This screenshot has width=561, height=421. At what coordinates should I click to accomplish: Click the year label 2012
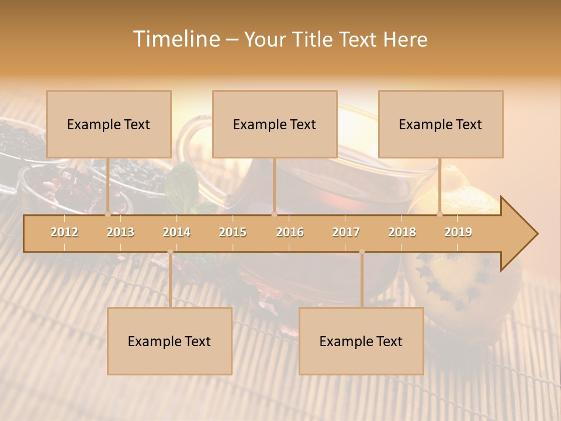64,232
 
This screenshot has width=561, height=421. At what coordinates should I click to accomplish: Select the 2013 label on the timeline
120,232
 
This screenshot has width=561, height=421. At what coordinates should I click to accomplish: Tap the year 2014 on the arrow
176,232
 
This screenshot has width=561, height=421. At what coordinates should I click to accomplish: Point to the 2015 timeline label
233,232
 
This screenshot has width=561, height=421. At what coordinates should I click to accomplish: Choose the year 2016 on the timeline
290,232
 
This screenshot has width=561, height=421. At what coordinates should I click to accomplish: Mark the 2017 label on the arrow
346,232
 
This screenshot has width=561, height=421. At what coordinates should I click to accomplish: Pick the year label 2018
402,232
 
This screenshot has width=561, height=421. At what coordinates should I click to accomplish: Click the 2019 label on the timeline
458,232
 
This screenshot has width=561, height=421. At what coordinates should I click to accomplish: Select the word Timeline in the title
176,39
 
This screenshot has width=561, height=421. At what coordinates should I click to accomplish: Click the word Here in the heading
405,40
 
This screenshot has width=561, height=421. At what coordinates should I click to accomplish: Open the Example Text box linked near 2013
109,125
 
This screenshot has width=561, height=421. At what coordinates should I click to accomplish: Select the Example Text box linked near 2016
275,125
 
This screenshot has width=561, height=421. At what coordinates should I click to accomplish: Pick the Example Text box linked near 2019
441,125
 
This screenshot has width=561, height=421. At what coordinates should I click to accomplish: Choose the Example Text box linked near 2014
169,341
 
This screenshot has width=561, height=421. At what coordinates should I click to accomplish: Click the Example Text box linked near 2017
361,341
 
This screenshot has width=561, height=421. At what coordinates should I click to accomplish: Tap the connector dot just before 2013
108,215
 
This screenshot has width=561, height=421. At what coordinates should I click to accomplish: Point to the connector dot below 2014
170,252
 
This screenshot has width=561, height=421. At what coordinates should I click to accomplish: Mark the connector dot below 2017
362,252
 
